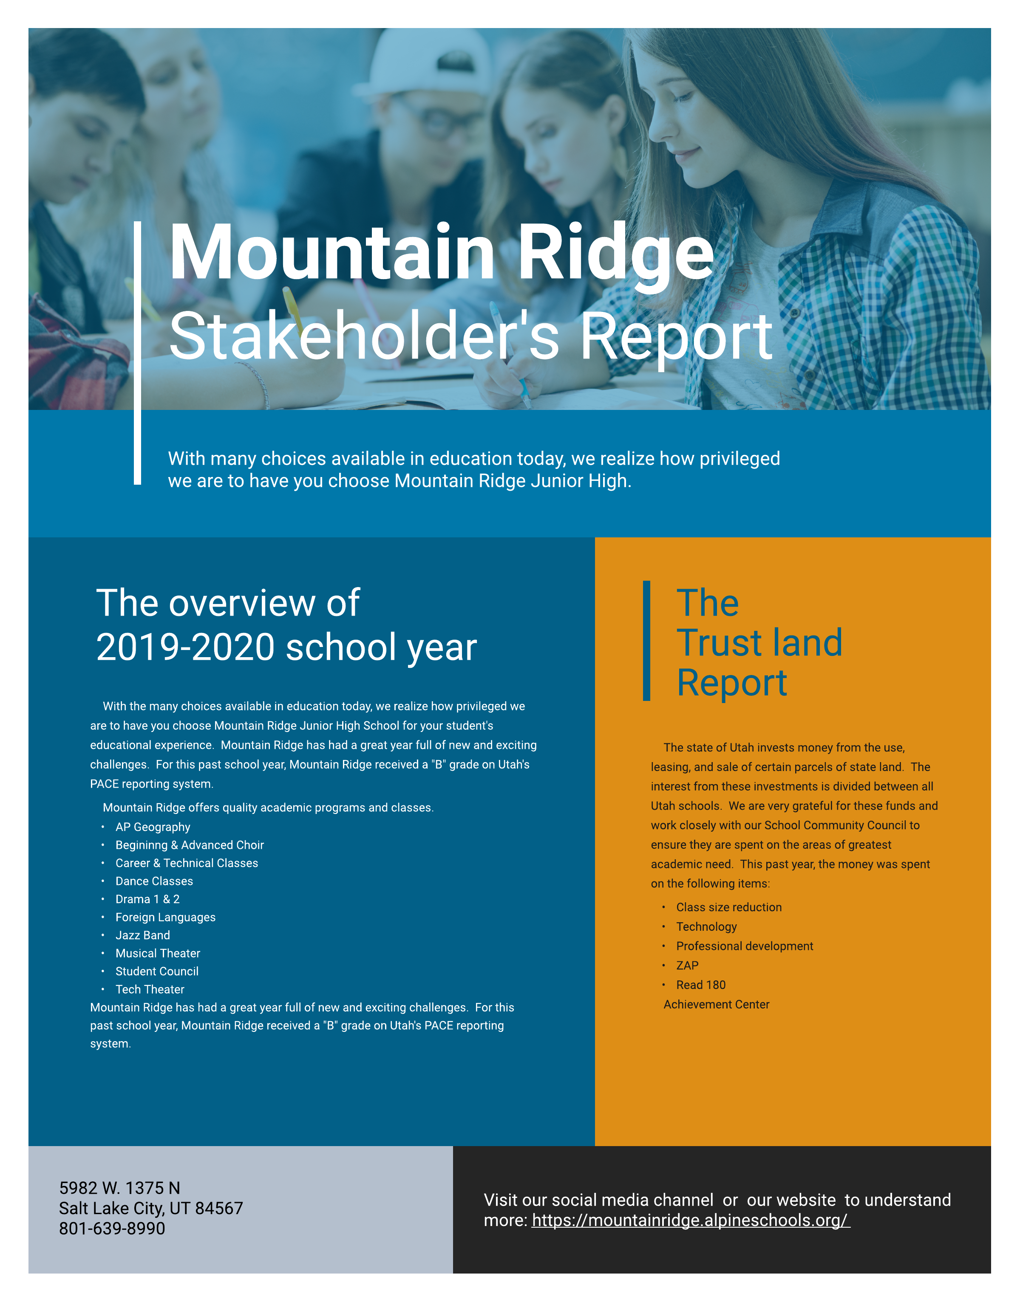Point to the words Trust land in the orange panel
759,643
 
